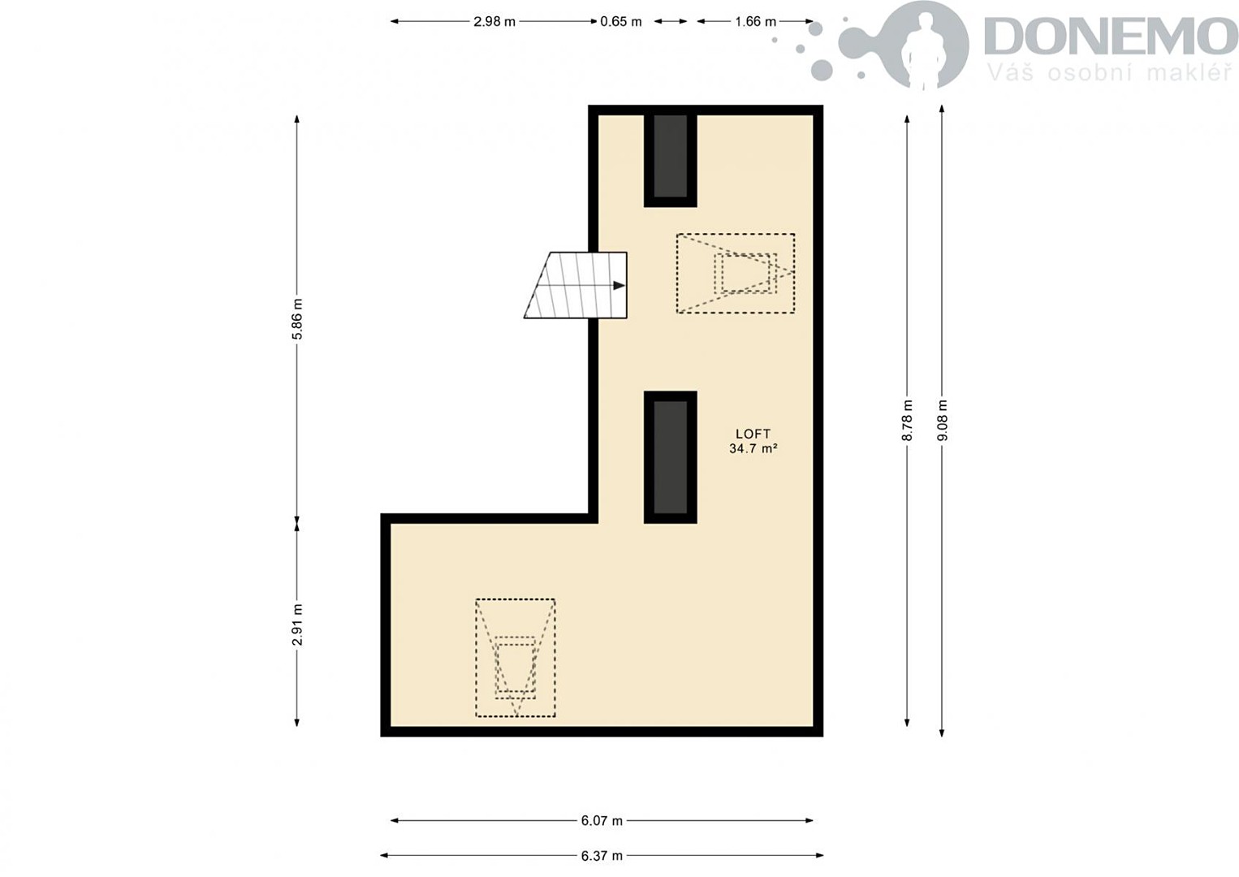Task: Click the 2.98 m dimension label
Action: point(494,22)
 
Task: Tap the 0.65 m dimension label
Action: point(620,22)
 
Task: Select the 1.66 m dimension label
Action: point(756,22)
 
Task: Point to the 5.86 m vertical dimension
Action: point(298,319)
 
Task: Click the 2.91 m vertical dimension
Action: point(298,624)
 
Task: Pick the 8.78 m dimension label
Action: point(907,420)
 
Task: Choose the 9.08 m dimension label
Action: point(943,420)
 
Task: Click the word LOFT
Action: point(753,434)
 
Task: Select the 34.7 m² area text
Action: point(753,449)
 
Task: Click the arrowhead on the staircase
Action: point(619,286)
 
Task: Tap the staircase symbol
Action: point(576,286)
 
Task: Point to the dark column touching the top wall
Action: point(671,156)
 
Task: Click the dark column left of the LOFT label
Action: point(671,457)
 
